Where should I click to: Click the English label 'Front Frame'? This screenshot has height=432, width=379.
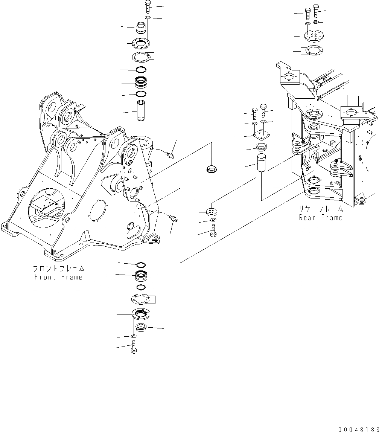pyautogui.click(x=58, y=277)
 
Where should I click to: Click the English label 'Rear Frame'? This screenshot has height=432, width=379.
pyautogui.click(x=321, y=218)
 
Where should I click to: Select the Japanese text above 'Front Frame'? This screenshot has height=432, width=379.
pyautogui.click(x=58, y=269)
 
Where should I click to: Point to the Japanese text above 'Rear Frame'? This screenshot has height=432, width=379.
pyautogui.click(x=321, y=209)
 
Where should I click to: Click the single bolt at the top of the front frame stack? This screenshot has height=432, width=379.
pyautogui.click(x=147, y=7)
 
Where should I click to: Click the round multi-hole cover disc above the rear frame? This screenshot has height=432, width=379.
pyautogui.click(x=314, y=37)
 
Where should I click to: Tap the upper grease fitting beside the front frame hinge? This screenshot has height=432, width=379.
pyautogui.click(x=171, y=154)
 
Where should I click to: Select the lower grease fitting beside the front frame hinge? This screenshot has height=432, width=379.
pyautogui.click(x=174, y=218)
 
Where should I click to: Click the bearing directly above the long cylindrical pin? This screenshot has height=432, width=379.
pyautogui.click(x=141, y=82)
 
